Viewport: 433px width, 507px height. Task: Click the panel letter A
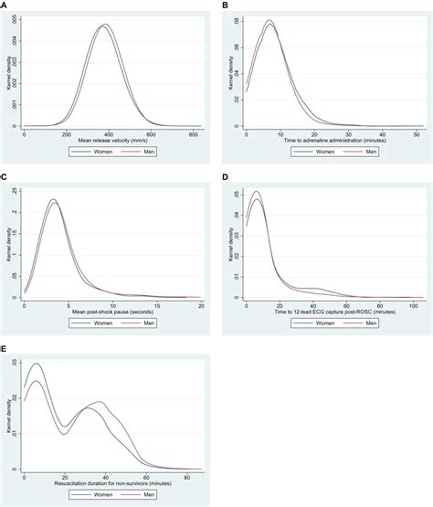(5, 5)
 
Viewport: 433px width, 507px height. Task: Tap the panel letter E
(5, 348)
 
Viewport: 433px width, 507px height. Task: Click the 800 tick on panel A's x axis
(195, 133)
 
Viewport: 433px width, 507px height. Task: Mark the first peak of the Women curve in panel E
(37, 364)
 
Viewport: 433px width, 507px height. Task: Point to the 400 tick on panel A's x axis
(110, 133)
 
